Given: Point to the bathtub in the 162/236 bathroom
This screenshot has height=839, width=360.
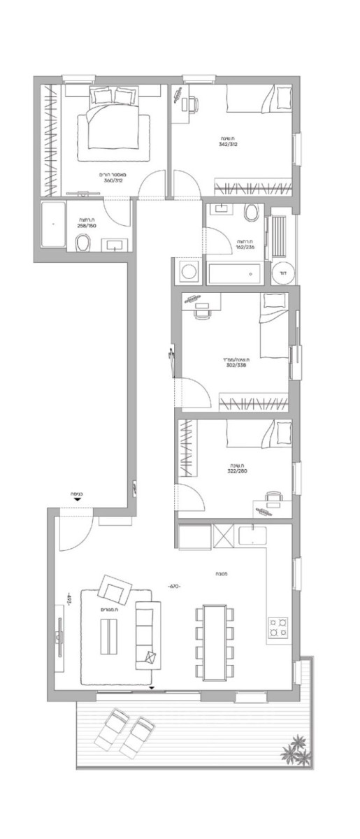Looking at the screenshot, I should coord(233,273).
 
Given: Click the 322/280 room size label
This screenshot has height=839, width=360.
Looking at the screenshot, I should coord(236,471).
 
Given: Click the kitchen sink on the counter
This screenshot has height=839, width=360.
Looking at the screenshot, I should coord(251,536).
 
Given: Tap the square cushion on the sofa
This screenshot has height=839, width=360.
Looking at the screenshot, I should coord(151,657).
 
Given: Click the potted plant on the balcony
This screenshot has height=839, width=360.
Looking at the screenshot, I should coord(295,750).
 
